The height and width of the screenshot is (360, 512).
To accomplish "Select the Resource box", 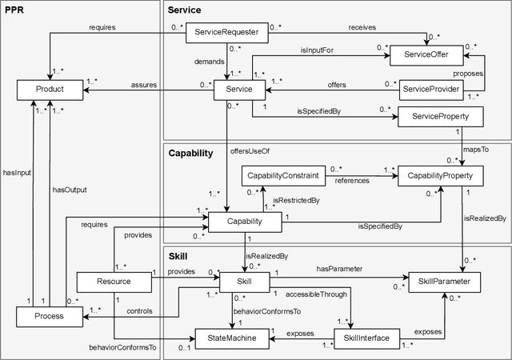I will [x=114, y=282].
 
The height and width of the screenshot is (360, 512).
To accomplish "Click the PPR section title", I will [x=15, y=10].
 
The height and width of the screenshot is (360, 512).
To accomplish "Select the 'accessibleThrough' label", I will [x=317, y=294].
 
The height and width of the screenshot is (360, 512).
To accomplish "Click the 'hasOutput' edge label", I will [x=70, y=190].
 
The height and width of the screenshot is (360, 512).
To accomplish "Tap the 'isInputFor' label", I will [x=317, y=50].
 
